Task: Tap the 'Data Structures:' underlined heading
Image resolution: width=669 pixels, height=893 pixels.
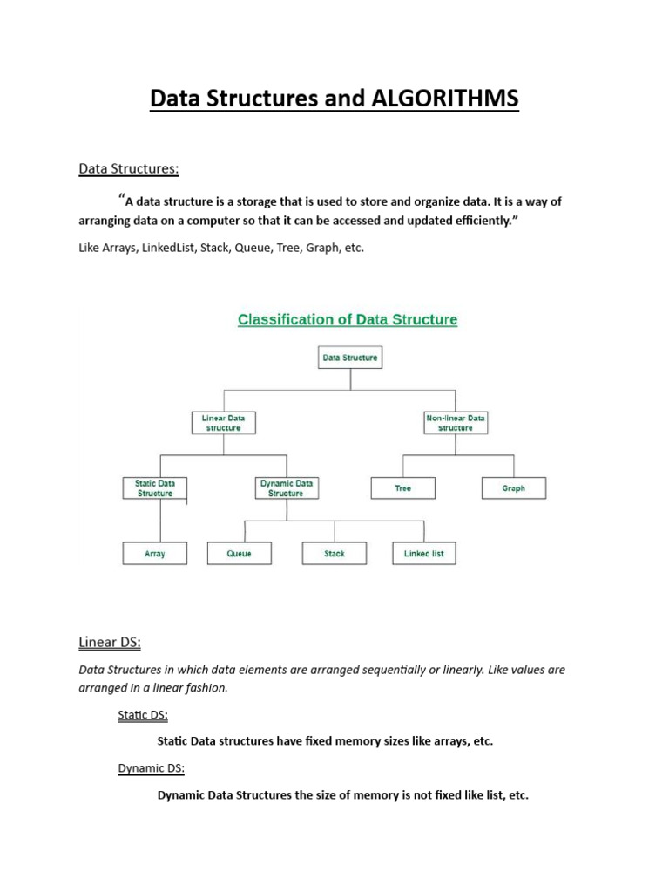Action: pos(128,167)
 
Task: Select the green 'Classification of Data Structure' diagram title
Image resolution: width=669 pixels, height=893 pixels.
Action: pos(348,320)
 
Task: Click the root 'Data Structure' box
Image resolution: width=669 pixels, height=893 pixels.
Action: pos(349,357)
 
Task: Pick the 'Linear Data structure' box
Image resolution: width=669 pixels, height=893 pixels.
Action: pos(224,423)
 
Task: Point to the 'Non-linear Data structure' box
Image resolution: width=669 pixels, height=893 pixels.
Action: pos(456,423)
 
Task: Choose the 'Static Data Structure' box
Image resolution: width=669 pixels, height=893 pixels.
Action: pos(155,487)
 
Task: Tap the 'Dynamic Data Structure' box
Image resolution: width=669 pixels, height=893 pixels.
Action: pos(286,487)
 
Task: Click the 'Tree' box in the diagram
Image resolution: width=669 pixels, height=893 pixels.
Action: pos(402,488)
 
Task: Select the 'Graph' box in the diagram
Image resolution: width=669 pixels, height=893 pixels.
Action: pos(514,488)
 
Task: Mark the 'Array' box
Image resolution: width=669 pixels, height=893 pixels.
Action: pos(155,553)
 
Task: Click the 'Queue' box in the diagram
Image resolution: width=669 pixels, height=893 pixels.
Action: pos(239,553)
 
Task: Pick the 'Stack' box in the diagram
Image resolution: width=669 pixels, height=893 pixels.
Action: pos(334,553)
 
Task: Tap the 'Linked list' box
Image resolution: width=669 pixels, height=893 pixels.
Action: pos(424,553)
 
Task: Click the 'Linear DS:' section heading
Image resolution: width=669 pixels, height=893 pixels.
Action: pos(110,643)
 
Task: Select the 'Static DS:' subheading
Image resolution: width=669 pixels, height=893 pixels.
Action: pos(143,716)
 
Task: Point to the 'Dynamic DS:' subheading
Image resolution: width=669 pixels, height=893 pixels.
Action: pos(152,768)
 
